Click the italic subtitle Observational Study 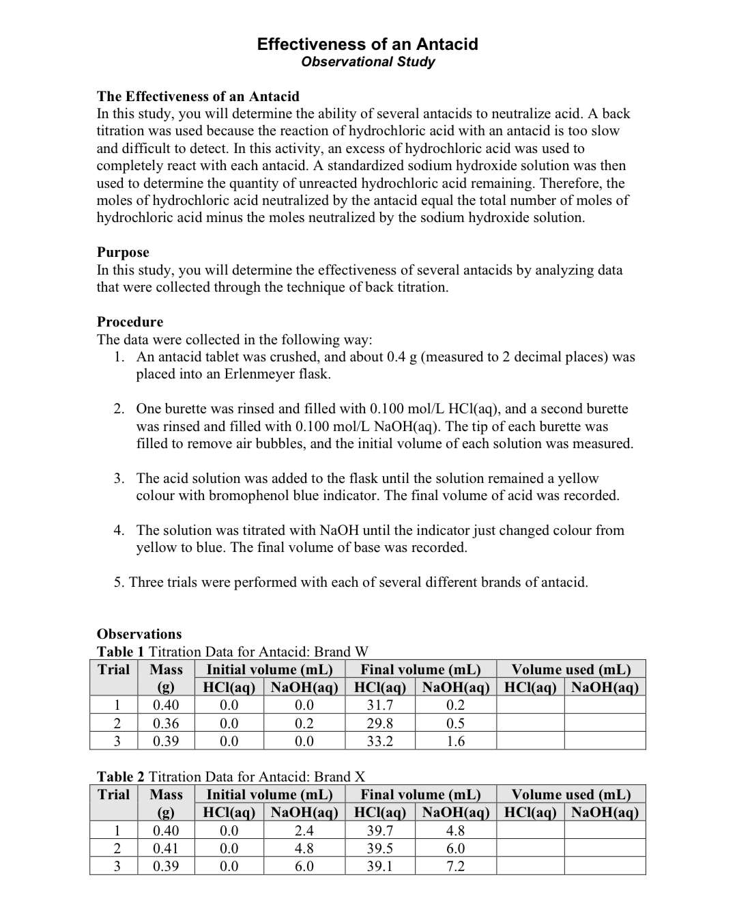click(367, 62)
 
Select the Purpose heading click(123, 252)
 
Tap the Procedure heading click(130, 322)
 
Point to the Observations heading click(139, 634)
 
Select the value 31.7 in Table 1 click(379, 706)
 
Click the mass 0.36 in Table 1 click(166, 723)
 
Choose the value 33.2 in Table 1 click(379, 741)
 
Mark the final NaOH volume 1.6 click(455, 741)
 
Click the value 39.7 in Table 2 click(379, 831)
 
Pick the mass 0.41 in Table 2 click(166, 848)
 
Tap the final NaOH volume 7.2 click(455, 866)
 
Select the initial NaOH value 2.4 click(304, 831)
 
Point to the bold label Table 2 click(121, 777)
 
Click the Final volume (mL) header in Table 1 click(420, 669)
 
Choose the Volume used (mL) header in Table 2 click(570, 794)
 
